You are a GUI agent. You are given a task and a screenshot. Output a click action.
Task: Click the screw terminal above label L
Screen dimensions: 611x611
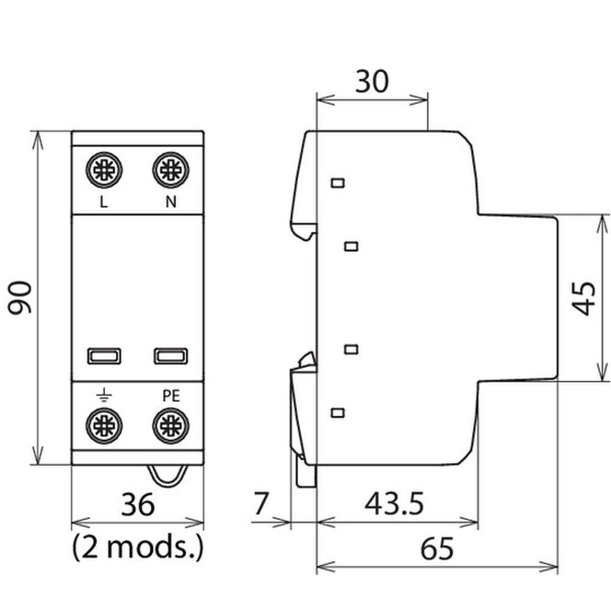pos(104,170)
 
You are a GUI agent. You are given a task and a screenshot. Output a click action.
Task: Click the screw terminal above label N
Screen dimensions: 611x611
pos(170,170)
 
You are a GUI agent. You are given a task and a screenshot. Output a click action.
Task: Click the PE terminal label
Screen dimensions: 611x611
pos(171,396)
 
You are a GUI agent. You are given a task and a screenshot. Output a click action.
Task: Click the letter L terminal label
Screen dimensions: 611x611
pos(104,203)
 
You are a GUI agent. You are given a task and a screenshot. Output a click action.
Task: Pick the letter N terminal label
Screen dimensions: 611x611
pos(171,203)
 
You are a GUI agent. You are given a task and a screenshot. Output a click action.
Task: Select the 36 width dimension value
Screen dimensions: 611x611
pos(138,505)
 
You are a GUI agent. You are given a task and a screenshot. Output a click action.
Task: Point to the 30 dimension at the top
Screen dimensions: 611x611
pos(371,81)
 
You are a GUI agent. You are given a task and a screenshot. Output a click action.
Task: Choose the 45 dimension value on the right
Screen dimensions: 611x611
pos(585,298)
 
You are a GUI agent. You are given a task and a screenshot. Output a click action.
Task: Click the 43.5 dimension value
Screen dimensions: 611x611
pos(394,505)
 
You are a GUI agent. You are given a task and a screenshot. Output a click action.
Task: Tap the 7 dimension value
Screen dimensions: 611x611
pos(261,505)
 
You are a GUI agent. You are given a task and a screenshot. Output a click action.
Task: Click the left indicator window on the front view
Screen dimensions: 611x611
pos(104,356)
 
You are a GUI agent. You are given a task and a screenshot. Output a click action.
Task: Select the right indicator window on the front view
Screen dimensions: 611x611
pos(170,356)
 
